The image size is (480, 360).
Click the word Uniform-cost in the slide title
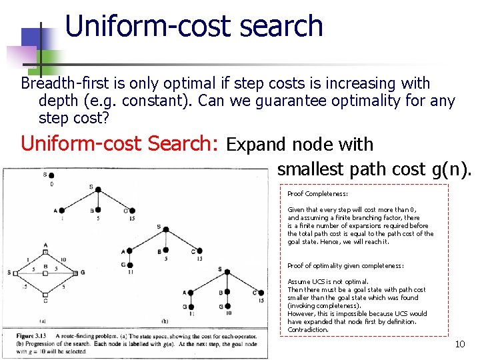pos(134,26)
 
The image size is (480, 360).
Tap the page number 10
pos(459,344)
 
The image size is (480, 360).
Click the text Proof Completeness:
pos(317,193)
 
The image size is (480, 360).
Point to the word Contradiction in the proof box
pos(307,329)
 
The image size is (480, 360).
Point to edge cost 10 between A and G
pos(63,260)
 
